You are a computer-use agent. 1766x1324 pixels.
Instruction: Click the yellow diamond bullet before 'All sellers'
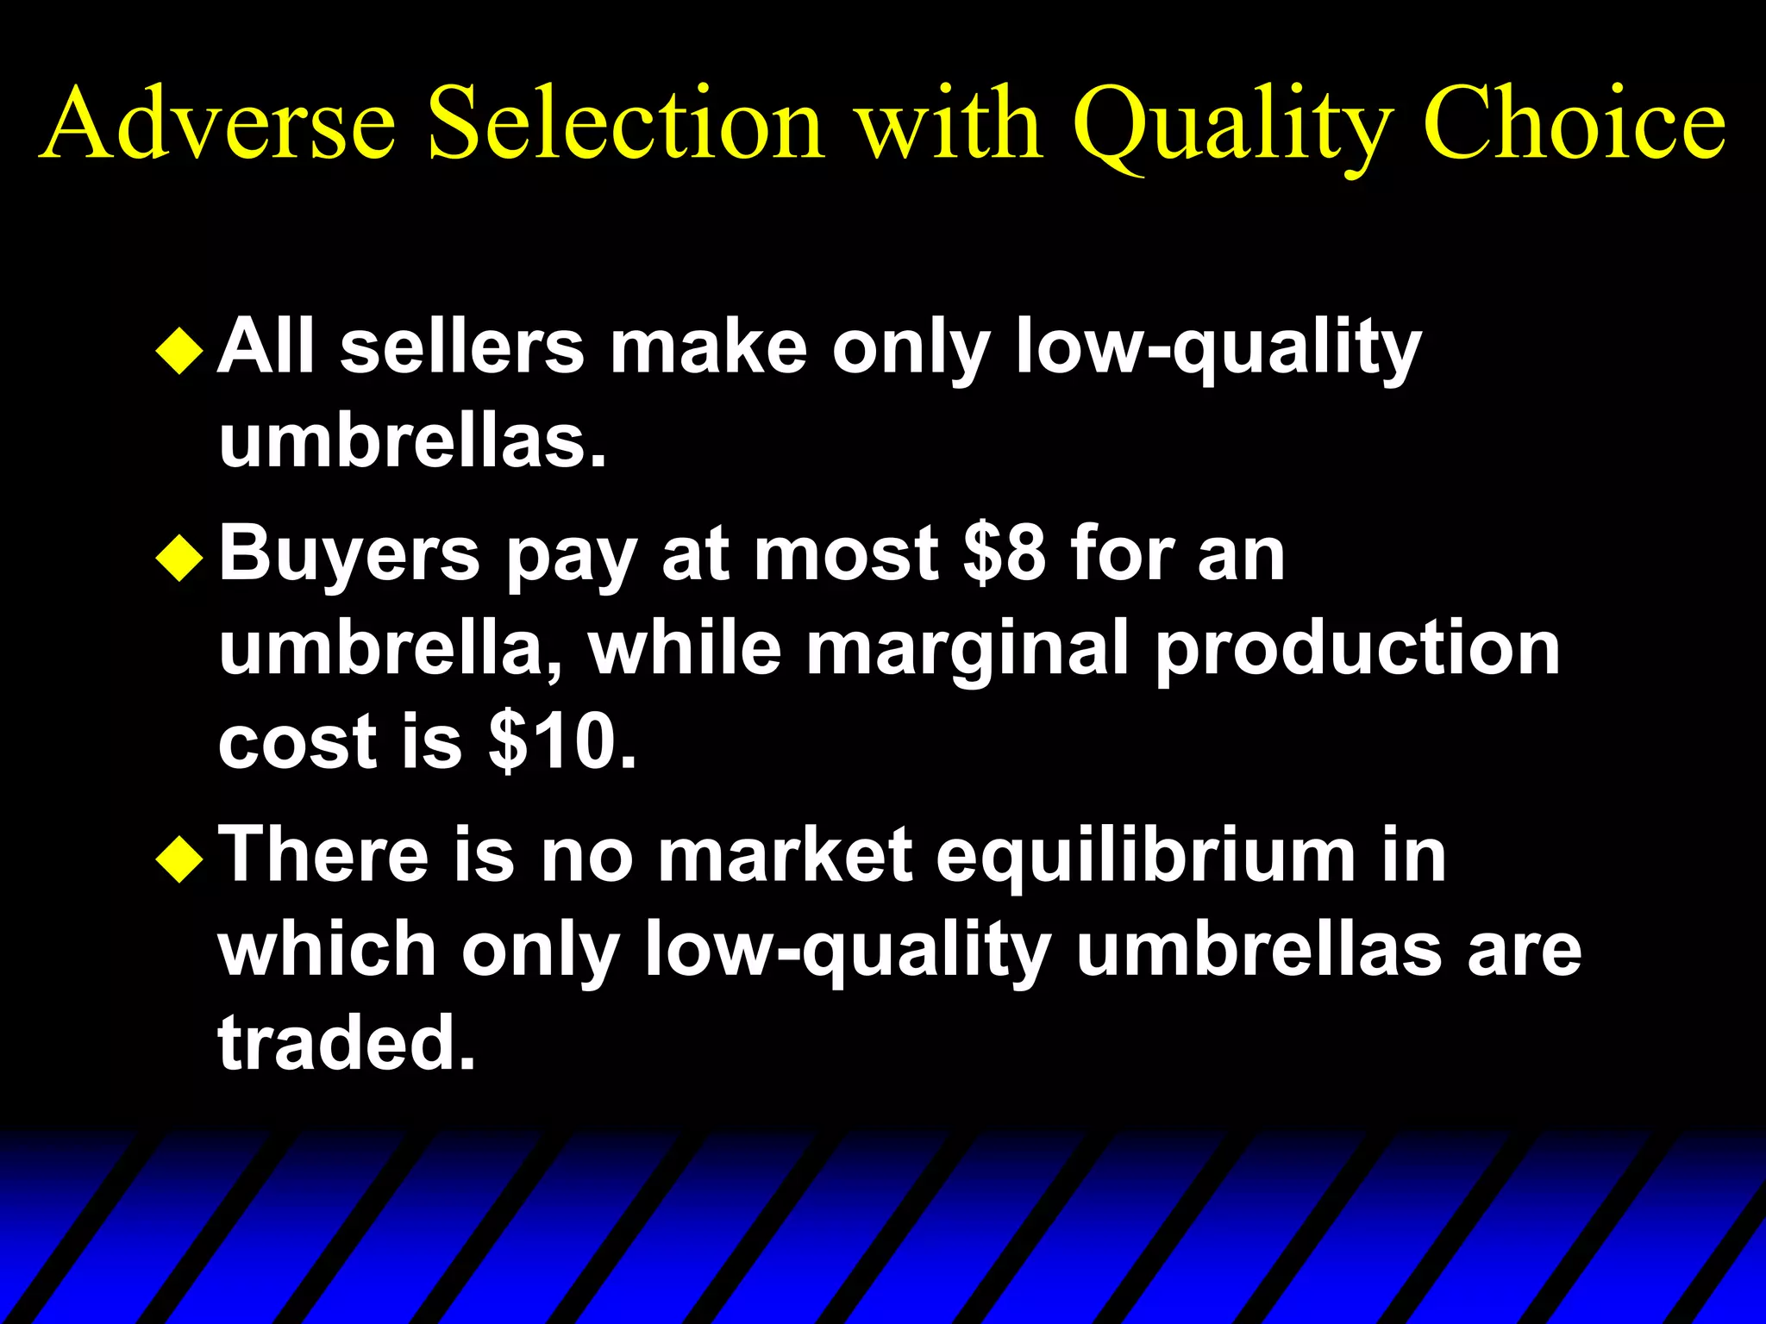tap(179, 351)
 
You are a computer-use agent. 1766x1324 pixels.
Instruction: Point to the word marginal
tap(967, 648)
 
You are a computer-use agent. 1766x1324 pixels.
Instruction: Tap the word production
tap(1357, 648)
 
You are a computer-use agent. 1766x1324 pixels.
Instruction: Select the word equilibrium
tap(1146, 859)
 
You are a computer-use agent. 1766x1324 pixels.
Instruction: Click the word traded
tap(346, 1043)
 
